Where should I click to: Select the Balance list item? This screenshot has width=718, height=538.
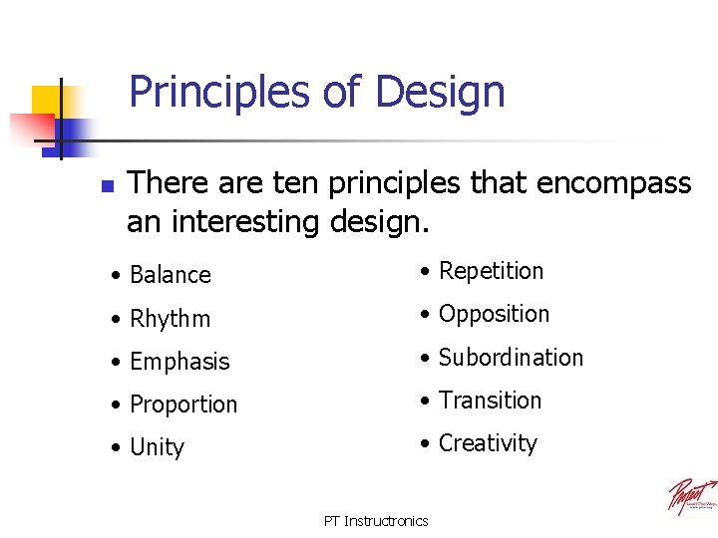point(171,275)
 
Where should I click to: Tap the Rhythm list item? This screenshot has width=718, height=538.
point(171,319)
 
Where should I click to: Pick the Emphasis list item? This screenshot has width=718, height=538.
point(179,362)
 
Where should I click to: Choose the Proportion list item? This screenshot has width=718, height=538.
point(183,404)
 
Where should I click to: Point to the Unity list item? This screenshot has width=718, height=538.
point(158,447)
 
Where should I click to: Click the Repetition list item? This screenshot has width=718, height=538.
point(491,271)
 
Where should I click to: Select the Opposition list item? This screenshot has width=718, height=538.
point(494,314)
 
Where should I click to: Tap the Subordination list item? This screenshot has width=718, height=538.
point(511,357)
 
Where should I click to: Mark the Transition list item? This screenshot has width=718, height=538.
point(490,400)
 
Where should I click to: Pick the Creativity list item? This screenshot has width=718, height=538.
point(488,443)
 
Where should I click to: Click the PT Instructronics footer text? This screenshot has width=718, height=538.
point(376,521)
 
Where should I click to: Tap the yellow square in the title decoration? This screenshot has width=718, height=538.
point(47,100)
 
